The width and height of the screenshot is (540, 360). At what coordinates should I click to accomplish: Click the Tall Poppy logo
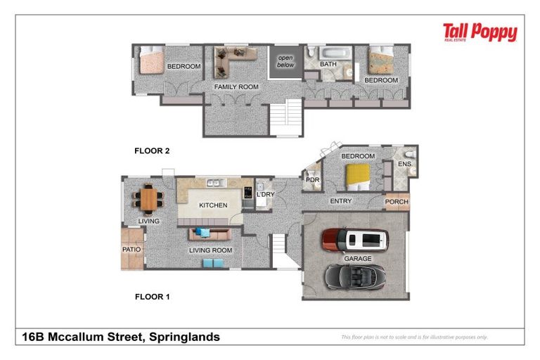point(480,32)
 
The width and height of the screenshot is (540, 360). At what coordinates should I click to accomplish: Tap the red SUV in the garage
point(355,240)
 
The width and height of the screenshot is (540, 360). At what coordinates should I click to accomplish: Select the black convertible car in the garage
point(356,276)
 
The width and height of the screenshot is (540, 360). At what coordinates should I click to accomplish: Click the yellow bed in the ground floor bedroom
point(360,175)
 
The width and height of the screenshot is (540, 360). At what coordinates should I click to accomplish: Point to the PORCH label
point(397,202)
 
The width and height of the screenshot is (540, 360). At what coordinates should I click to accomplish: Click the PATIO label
point(131,250)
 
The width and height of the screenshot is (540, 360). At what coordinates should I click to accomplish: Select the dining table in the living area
point(148,198)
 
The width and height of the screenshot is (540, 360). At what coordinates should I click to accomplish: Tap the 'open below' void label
point(285,61)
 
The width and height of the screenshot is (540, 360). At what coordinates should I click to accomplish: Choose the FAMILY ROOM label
point(236,87)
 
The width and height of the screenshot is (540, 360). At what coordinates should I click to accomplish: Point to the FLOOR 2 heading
point(152,150)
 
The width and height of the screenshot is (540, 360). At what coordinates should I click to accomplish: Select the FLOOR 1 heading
point(152,297)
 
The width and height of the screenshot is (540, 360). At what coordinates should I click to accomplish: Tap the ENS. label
point(404,165)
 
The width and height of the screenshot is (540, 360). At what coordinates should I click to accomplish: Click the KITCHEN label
point(213,205)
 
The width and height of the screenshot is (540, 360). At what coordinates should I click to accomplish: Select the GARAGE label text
point(357,259)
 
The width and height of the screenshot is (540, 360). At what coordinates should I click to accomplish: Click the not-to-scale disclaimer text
point(414,337)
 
